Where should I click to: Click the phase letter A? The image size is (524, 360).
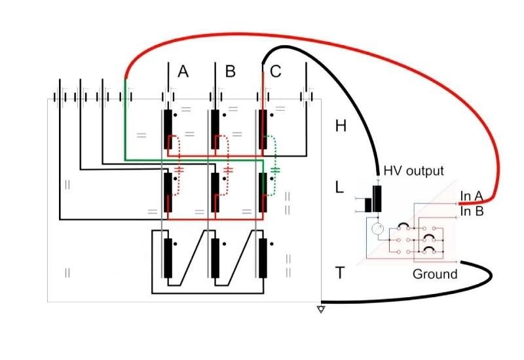pos(183,71)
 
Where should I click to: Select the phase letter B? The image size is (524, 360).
pos(231,71)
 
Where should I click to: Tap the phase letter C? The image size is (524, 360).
pos(275,71)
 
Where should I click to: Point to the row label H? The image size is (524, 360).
pos(341,126)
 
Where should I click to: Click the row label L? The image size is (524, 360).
pos(339,188)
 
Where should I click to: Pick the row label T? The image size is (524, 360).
pos(339,273)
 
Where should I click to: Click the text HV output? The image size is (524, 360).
pos(414,171)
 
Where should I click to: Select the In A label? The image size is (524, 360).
pos(471,196)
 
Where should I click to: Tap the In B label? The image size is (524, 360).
pos(472,211)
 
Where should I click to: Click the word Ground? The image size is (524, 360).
pos(435,274)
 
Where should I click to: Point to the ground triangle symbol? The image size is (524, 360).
pos(321,310)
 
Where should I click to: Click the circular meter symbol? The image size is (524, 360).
pos(378,229)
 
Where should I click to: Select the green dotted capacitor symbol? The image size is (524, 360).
pos(275,170)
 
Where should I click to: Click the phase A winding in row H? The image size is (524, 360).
pos(168,129)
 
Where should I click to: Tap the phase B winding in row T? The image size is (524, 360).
pos(215,258)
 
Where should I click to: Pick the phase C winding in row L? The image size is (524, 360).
pos(263,192)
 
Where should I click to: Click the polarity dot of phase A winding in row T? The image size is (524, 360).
pos(176,244)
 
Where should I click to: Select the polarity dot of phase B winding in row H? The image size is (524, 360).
pos(224,115)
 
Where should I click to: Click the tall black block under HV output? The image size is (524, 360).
pos(377,199)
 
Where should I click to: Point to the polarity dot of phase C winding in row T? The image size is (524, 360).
pos(272,244)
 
